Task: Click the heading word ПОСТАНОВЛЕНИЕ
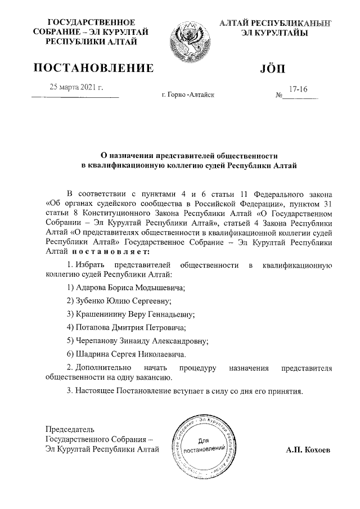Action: click(93, 69)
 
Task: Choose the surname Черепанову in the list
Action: click(101, 340)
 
